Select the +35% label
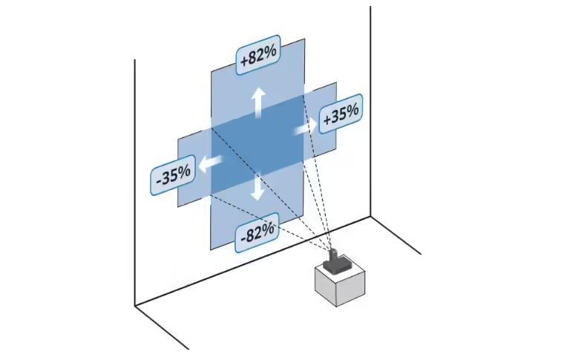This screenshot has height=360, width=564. click(x=341, y=114)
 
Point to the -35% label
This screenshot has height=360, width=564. click(x=173, y=176)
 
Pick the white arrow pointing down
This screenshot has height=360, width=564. click(x=258, y=187)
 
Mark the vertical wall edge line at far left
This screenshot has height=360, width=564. click(x=135, y=186)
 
